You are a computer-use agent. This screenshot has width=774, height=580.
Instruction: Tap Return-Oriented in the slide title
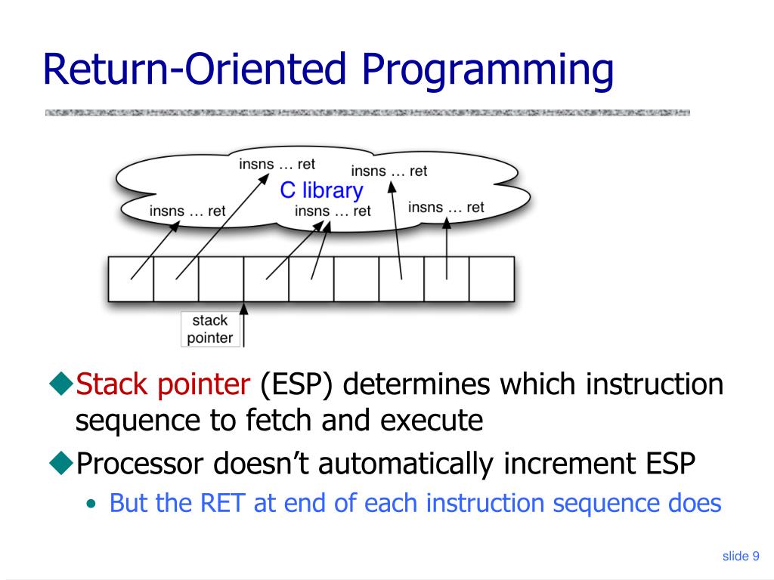[195, 69]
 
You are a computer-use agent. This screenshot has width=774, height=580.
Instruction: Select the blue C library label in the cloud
[321, 190]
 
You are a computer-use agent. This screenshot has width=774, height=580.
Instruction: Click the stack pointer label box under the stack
[210, 329]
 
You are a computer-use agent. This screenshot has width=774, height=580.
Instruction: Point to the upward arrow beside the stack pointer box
[243, 325]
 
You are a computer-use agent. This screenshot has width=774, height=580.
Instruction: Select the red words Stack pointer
[163, 385]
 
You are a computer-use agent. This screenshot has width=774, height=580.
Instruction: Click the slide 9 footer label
[741, 557]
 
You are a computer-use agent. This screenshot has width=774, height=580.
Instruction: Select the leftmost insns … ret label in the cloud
[187, 211]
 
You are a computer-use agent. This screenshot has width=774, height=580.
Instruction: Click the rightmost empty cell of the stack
[491, 279]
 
